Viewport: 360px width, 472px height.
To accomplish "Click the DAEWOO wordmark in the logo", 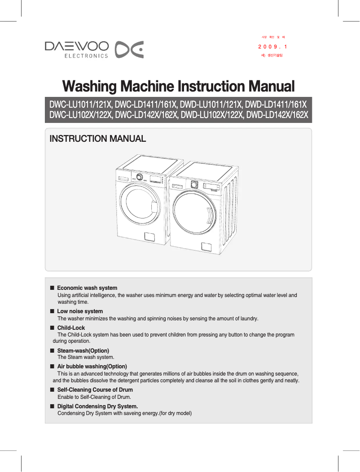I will (x=76, y=46).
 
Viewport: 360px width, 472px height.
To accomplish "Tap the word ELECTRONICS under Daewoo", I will (x=87, y=56).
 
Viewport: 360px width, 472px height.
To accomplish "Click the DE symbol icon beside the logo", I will (x=129, y=49).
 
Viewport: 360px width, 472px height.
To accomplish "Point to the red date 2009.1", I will (x=272, y=47).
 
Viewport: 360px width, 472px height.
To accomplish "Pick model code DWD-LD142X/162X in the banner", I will (x=278, y=115).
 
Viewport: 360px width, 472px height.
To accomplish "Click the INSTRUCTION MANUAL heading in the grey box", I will (x=97, y=139).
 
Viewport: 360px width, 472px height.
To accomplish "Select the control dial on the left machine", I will (x=140, y=177).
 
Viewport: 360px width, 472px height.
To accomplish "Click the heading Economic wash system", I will (x=87, y=288).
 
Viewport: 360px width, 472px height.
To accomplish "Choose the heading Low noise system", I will (x=80, y=311).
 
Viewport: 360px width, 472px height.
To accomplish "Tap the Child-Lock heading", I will (x=71, y=328).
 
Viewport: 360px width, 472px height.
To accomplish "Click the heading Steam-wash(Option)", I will (x=83, y=350).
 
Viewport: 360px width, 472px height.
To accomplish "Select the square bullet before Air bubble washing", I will (x=52, y=367).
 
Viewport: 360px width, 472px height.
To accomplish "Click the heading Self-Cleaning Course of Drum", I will (x=95, y=390).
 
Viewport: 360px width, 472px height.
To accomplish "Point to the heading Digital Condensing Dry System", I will (x=97, y=406).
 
